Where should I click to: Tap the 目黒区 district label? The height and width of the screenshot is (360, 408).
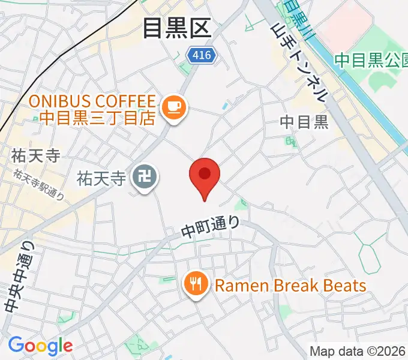[177, 28]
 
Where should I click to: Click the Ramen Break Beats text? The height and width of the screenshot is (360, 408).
[290, 285]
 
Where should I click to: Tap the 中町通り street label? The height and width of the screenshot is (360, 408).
[211, 226]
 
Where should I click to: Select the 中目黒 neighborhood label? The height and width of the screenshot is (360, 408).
[304, 122]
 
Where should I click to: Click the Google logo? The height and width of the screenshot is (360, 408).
[40, 346]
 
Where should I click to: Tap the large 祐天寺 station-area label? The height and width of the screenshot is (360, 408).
[35, 156]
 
